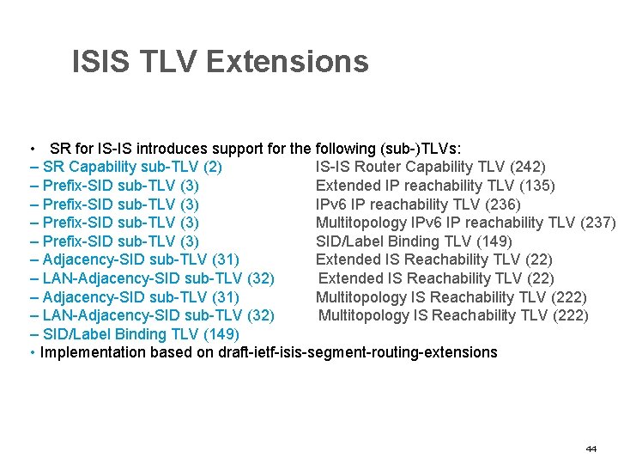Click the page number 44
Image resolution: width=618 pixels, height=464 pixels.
pos(591,449)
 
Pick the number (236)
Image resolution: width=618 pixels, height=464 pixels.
pos(501,205)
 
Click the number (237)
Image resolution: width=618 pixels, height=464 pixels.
pos(597,223)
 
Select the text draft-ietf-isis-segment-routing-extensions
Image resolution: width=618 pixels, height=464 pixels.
pos(359,352)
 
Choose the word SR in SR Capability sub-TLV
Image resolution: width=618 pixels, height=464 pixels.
pos(53,167)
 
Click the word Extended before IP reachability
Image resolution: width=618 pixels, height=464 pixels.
pos(348,186)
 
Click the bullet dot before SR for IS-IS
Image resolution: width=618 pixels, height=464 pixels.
pos(32,148)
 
